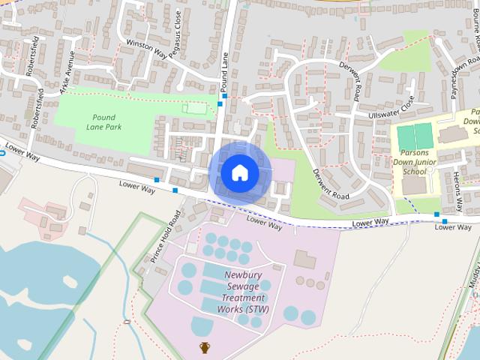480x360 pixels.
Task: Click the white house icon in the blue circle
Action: point(239,172)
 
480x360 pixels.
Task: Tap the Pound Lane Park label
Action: point(103,122)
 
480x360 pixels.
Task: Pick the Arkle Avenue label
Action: point(67,72)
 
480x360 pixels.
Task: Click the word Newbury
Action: point(242,275)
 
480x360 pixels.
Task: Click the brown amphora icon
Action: point(205,347)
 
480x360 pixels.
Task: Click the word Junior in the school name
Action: point(433,160)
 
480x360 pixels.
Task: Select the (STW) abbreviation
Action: point(256,309)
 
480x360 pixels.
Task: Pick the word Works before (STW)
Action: point(229,309)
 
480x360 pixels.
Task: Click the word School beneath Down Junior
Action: point(414,171)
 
